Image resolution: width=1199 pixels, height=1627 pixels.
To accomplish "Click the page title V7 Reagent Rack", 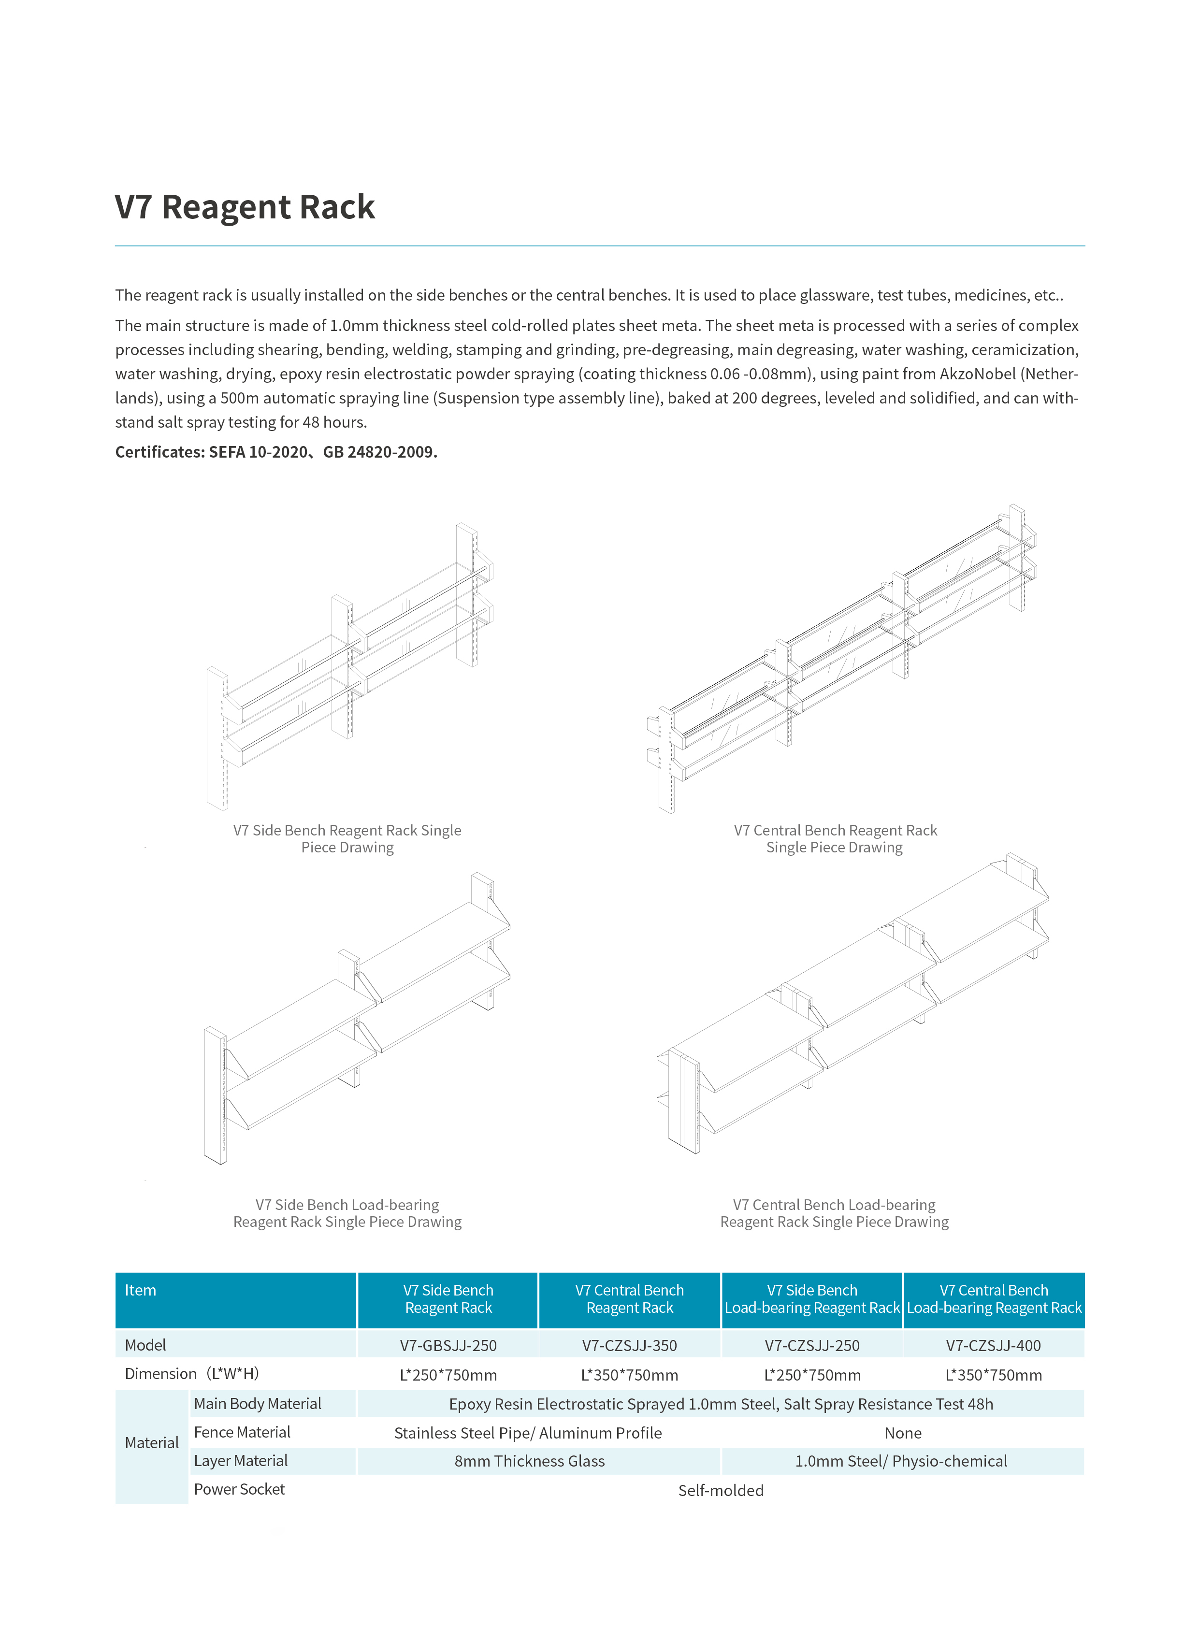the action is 245,207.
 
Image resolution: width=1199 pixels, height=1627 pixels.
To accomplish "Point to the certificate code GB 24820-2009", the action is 379,452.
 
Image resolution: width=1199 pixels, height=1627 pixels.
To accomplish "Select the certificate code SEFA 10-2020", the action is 259,452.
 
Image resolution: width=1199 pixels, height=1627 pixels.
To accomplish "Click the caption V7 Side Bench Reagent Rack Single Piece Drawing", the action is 347,839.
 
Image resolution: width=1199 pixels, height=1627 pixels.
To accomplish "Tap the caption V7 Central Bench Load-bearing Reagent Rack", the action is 834,1213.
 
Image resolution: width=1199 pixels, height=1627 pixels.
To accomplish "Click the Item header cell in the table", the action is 140,1290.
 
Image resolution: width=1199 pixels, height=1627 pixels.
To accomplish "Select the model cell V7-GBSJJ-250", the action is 448,1345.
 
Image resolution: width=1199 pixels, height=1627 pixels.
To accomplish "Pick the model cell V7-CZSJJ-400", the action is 993,1345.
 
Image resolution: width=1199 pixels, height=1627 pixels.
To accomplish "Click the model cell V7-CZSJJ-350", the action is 629,1345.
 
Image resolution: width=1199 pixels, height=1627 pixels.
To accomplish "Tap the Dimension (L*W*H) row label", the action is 191,1374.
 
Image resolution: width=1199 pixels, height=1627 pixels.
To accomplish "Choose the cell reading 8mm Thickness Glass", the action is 529,1461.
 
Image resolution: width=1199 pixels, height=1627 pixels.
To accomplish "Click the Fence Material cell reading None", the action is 903,1433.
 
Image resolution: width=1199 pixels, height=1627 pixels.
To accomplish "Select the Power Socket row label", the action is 240,1489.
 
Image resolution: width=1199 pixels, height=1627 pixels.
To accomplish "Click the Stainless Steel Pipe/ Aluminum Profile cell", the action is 528,1433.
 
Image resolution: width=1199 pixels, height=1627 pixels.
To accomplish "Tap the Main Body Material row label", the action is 258,1403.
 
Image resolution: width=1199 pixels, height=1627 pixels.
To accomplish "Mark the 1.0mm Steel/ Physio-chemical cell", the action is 901,1461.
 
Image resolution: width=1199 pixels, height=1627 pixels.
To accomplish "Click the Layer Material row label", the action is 241,1461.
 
